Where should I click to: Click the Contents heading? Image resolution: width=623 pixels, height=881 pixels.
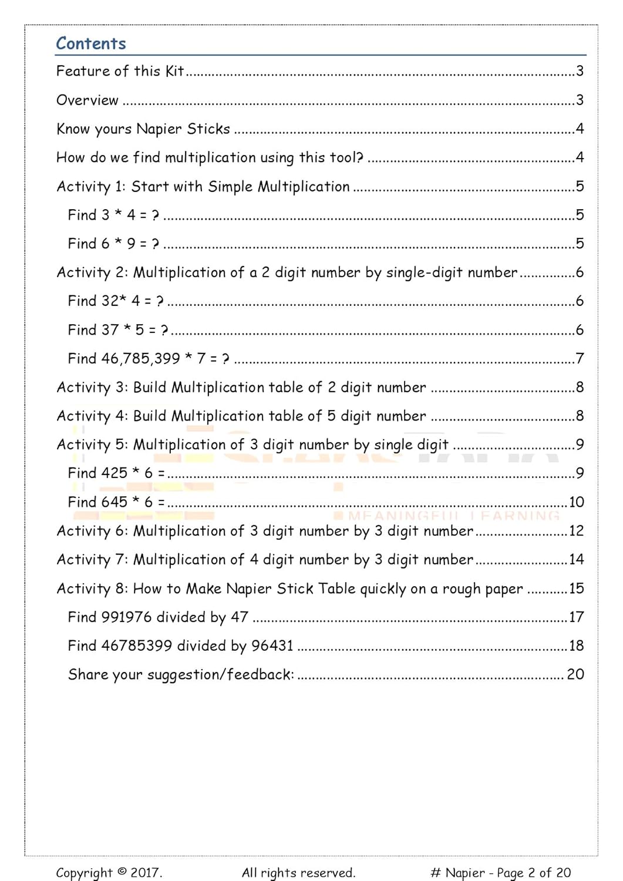click(91, 43)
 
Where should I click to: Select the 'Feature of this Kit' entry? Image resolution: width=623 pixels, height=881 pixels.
click(120, 71)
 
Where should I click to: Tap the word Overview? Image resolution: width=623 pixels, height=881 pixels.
click(87, 100)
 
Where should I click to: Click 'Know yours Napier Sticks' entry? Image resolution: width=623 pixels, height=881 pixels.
click(143, 129)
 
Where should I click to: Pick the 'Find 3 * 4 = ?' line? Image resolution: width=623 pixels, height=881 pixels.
click(113, 215)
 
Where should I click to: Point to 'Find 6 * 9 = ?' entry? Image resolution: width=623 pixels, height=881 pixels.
click(113, 244)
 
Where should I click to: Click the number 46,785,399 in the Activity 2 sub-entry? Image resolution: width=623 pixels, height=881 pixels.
click(140, 358)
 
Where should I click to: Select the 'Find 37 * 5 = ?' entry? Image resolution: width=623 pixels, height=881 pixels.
click(117, 330)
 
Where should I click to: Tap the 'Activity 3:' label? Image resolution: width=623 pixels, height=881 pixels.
click(92, 388)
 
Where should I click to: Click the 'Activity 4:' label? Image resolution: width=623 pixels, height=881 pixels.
click(92, 416)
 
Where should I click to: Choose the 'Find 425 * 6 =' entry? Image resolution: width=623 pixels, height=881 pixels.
click(116, 473)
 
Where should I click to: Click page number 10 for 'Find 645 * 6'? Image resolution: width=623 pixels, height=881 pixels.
click(576, 502)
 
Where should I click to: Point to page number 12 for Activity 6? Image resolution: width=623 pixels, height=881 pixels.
click(576, 531)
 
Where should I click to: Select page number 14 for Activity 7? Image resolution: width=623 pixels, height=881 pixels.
click(576, 560)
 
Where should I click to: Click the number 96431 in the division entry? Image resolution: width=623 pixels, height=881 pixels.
click(272, 646)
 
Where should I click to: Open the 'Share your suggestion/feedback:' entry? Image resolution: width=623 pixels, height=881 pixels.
click(181, 674)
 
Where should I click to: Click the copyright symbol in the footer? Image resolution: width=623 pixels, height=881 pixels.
click(122, 872)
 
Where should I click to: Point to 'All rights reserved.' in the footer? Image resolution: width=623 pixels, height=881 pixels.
click(298, 873)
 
